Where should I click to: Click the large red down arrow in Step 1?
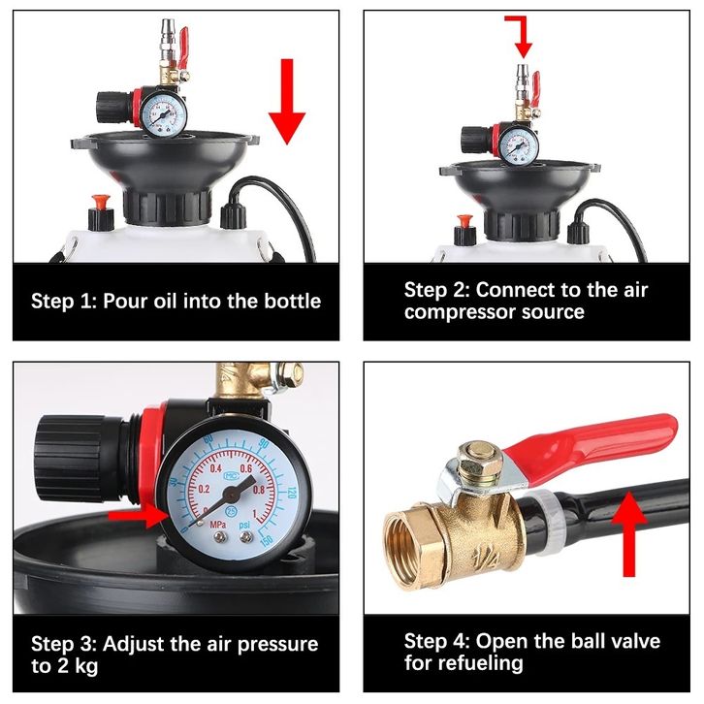287,101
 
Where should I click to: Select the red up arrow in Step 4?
629,534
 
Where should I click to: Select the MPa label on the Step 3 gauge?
218,524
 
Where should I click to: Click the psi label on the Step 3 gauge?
244,525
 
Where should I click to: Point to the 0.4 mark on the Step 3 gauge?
215,468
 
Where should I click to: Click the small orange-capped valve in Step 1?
101,212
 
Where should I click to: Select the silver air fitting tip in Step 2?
522,78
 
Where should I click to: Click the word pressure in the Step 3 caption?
277,645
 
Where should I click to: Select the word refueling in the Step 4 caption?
464,663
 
